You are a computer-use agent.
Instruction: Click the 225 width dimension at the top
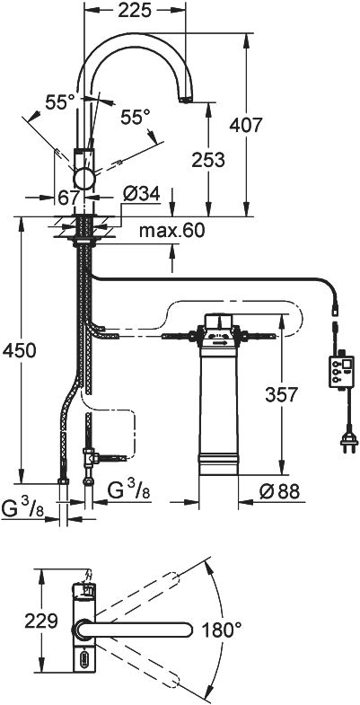135,11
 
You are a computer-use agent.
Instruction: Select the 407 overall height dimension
245,125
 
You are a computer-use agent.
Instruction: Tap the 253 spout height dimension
207,160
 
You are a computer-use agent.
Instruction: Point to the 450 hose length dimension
19,350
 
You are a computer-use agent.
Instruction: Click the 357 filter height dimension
281,395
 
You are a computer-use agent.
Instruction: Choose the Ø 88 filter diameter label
279,491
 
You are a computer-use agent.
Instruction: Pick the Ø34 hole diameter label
141,194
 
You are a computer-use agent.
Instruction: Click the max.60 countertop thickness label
171,231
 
